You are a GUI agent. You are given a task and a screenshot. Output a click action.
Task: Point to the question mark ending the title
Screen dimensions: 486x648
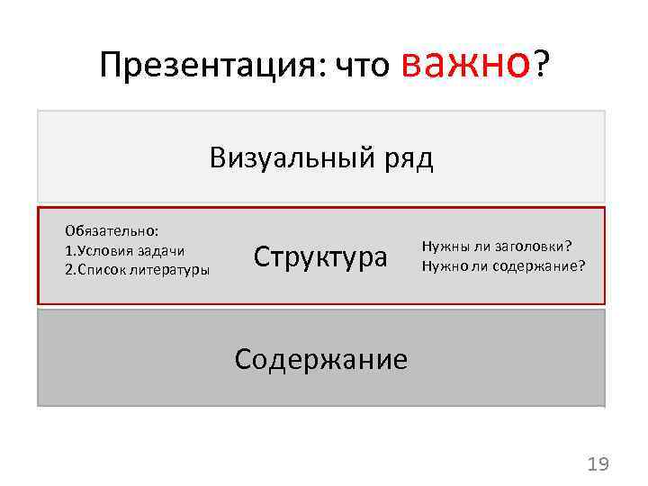tap(542, 63)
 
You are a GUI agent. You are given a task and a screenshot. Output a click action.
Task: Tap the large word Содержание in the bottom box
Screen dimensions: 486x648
tap(320, 359)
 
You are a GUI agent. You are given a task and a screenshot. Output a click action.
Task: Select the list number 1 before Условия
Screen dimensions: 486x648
tap(68, 250)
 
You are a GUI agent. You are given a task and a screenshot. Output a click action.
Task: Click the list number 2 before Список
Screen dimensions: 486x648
tap(68, 269)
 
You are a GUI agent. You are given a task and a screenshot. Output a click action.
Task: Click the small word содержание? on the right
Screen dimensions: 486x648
tap(540, 265)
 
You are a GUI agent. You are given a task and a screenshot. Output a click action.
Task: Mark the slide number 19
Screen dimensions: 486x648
tap(598, 464)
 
